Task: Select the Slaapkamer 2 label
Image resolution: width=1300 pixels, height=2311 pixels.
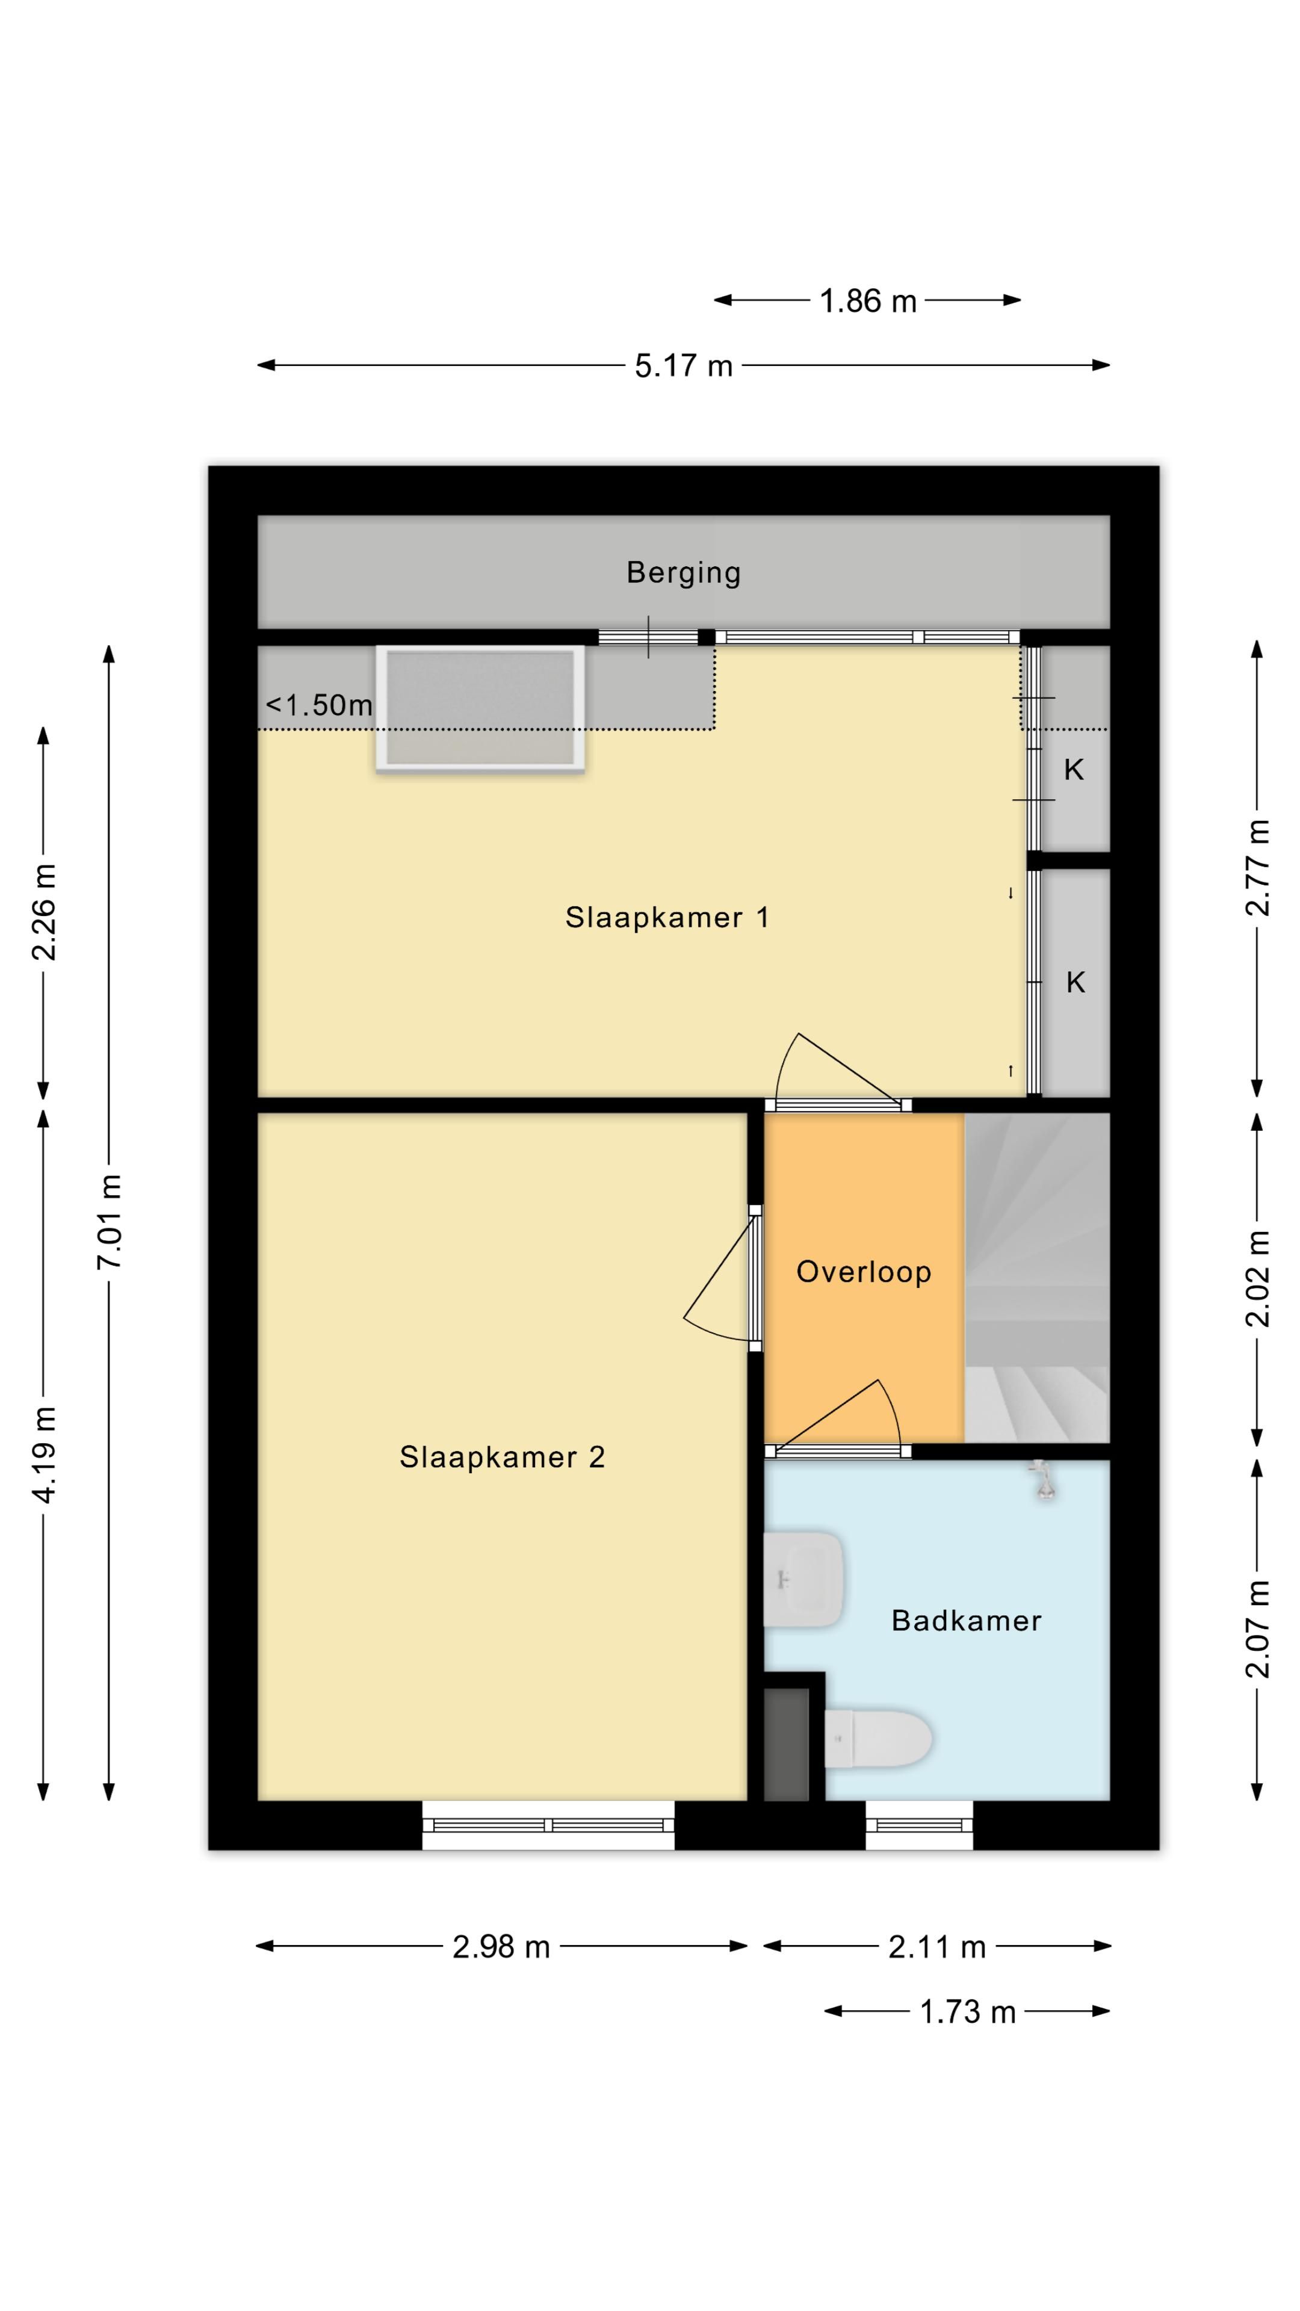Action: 501,1457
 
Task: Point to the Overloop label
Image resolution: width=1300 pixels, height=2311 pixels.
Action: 863,1272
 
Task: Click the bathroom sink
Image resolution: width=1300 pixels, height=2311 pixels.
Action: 803,1579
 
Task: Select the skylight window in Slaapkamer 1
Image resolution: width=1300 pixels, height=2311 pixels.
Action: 480,709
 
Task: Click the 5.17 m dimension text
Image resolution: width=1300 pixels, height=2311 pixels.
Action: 684,366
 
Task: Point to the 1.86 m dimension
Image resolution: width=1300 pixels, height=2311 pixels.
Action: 867,300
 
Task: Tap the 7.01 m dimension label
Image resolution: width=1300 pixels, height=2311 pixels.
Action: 110,1220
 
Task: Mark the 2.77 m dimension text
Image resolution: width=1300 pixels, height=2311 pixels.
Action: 1257,867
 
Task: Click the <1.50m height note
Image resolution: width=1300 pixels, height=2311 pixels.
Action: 318,705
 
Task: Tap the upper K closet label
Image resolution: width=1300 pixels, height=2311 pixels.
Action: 1073,770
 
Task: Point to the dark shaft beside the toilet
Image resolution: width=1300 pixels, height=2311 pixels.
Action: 786,1744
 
